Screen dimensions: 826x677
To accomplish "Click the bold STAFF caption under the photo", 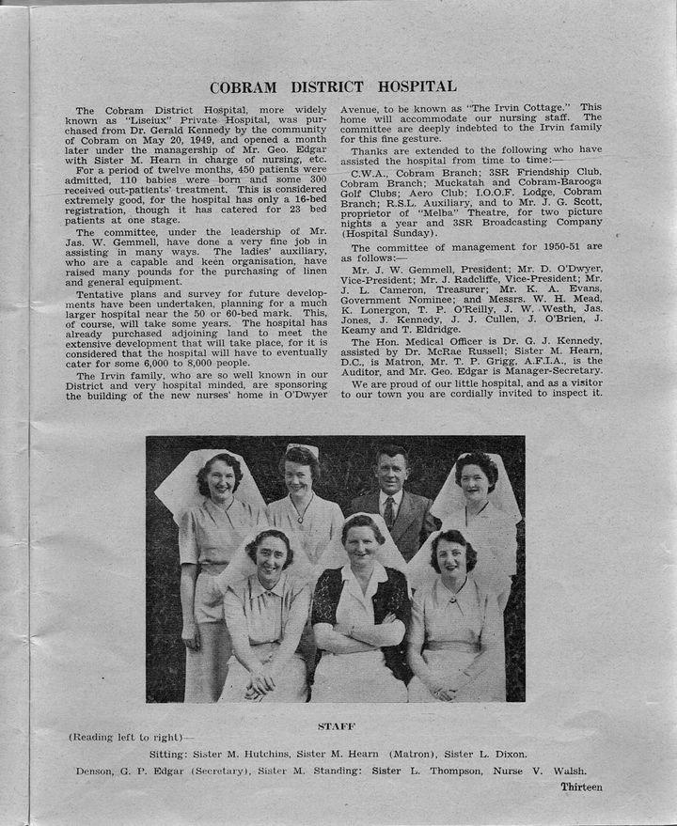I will (334, 725).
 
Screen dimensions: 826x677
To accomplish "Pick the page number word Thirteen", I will (581, 787).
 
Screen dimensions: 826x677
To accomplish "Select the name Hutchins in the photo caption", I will (265, 754).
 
